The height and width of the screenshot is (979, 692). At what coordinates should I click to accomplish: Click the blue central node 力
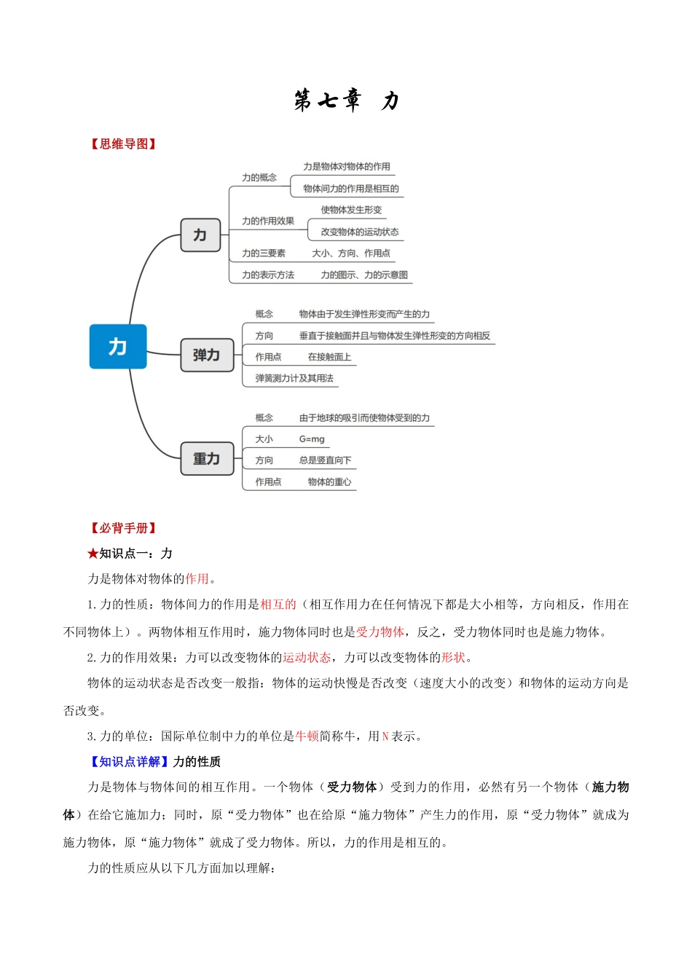(x=118, y=347)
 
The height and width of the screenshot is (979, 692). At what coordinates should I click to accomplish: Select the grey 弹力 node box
(x=207, y=355)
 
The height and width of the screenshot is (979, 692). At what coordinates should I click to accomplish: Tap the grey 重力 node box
(x=207, y=459)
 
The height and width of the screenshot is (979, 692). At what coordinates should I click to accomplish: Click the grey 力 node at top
(x=200, y=235)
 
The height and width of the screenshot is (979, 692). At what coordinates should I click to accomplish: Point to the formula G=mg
(x=312, y=439)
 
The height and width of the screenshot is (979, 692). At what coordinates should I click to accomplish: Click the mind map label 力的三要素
(x=264, y=253)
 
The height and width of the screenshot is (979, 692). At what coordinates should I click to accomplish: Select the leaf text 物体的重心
(x=329, y=482)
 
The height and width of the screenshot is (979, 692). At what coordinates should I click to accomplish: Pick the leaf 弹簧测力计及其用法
(x=294, y=379)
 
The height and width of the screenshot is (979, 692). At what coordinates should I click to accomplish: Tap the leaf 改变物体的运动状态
(x=360, y=232)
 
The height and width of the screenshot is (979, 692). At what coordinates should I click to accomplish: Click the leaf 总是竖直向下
(x=325, y=460)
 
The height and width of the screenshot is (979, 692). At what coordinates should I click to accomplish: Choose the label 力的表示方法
(x=268, y=275)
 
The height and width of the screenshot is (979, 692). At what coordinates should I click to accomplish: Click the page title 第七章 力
(x=346, y=101)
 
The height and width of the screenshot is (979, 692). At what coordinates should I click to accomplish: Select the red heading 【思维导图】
(x=123, y=144)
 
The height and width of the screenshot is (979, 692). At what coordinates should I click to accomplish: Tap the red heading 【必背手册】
(x=123, y=528)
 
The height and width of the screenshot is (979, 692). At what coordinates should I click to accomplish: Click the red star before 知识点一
(x=93, y=554)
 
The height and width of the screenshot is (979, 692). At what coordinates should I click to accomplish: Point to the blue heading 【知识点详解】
(x=129, y=762)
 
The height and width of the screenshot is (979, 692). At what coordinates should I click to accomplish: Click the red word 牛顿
(x=307, y=736)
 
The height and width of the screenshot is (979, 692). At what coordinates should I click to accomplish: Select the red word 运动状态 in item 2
(x=307, y=658)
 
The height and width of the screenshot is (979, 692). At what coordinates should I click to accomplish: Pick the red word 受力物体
(x=380, y=632)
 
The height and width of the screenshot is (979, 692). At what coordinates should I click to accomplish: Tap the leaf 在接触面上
(x=329, y=357)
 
